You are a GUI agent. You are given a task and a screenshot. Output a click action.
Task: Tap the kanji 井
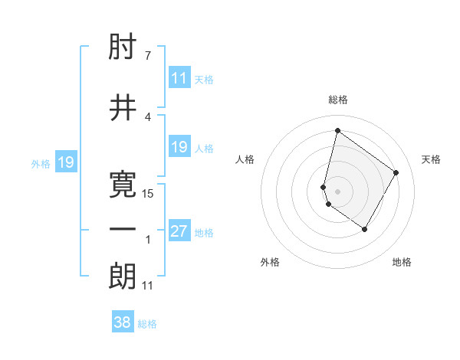123,108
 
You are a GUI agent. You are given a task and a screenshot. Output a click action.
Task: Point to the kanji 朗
123,277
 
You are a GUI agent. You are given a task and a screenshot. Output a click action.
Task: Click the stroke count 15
149,194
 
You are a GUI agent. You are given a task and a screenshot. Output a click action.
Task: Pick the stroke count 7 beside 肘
148,56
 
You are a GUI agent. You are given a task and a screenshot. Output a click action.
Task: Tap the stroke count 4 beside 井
148,116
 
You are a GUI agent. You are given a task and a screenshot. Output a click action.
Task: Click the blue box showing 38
123,322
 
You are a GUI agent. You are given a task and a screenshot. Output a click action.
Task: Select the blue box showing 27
179,231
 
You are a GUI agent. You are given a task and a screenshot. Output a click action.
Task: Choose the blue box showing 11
179,78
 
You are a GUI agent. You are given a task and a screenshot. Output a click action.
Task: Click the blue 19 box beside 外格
66,162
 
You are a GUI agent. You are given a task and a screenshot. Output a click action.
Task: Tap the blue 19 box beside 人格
179,147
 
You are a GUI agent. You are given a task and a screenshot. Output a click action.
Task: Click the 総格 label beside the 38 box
147,324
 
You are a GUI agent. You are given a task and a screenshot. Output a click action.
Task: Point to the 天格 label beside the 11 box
204,79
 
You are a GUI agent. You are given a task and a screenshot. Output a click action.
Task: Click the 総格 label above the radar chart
338,100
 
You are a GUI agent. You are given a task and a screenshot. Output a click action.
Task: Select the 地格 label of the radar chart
402,262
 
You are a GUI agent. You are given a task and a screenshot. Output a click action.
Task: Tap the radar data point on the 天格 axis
396,172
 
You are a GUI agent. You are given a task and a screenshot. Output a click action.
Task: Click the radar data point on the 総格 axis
337,131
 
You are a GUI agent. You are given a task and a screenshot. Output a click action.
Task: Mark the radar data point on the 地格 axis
365,229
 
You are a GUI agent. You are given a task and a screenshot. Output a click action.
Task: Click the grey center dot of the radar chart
338,191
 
